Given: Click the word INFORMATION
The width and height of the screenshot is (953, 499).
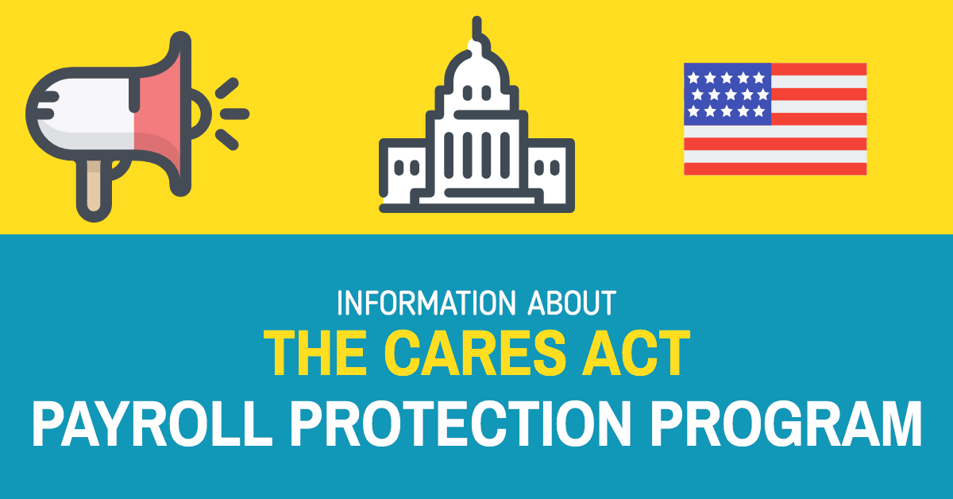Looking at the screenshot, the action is tap(426, 303).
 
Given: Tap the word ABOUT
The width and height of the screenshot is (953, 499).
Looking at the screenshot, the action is tap(572, 303).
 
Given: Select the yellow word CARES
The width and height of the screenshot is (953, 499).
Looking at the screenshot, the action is tap(475, 353).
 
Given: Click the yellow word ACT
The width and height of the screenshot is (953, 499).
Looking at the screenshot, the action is tap(635, 353).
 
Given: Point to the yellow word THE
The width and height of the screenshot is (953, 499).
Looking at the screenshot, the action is tap(315, 353).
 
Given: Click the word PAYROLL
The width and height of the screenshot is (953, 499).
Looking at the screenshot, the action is tap(152, 424).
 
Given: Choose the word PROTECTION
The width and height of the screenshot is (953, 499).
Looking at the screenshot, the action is tap(461, 424).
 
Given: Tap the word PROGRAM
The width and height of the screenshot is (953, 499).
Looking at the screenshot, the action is tap(785, 424).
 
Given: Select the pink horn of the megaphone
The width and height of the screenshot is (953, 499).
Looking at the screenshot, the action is tap(160, 115).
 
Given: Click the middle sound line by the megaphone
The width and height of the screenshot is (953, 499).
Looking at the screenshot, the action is tap(234, 114).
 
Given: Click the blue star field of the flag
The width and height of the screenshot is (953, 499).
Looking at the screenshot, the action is tap(727, 94).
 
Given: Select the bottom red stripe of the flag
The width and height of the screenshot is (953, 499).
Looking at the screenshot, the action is tap(775, 168).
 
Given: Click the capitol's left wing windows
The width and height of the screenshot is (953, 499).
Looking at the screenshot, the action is tap(407, 168).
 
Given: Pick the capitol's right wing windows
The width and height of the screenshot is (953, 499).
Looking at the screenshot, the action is tap(546, 168).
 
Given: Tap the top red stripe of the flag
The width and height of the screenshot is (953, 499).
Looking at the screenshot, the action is tap(819, 69).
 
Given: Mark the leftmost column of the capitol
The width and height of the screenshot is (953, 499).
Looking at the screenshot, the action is tap(449, 155).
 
